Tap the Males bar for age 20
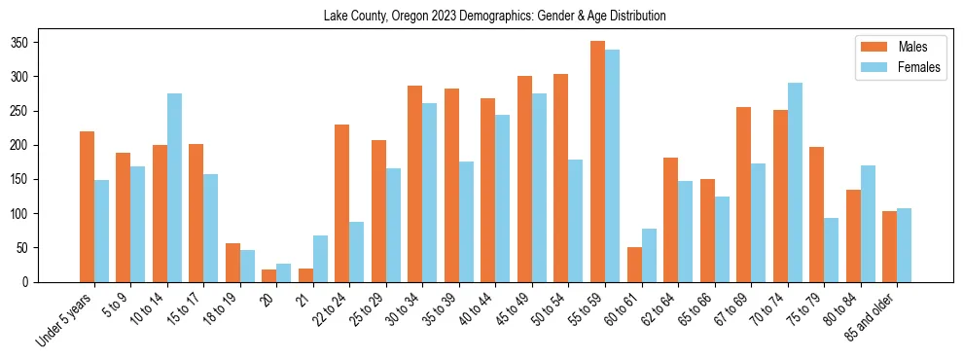point(268,275)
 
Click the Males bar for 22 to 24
point(341,203)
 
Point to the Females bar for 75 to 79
point(831,250)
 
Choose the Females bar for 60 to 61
point(649,255)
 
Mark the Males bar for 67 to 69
point(743,195)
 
